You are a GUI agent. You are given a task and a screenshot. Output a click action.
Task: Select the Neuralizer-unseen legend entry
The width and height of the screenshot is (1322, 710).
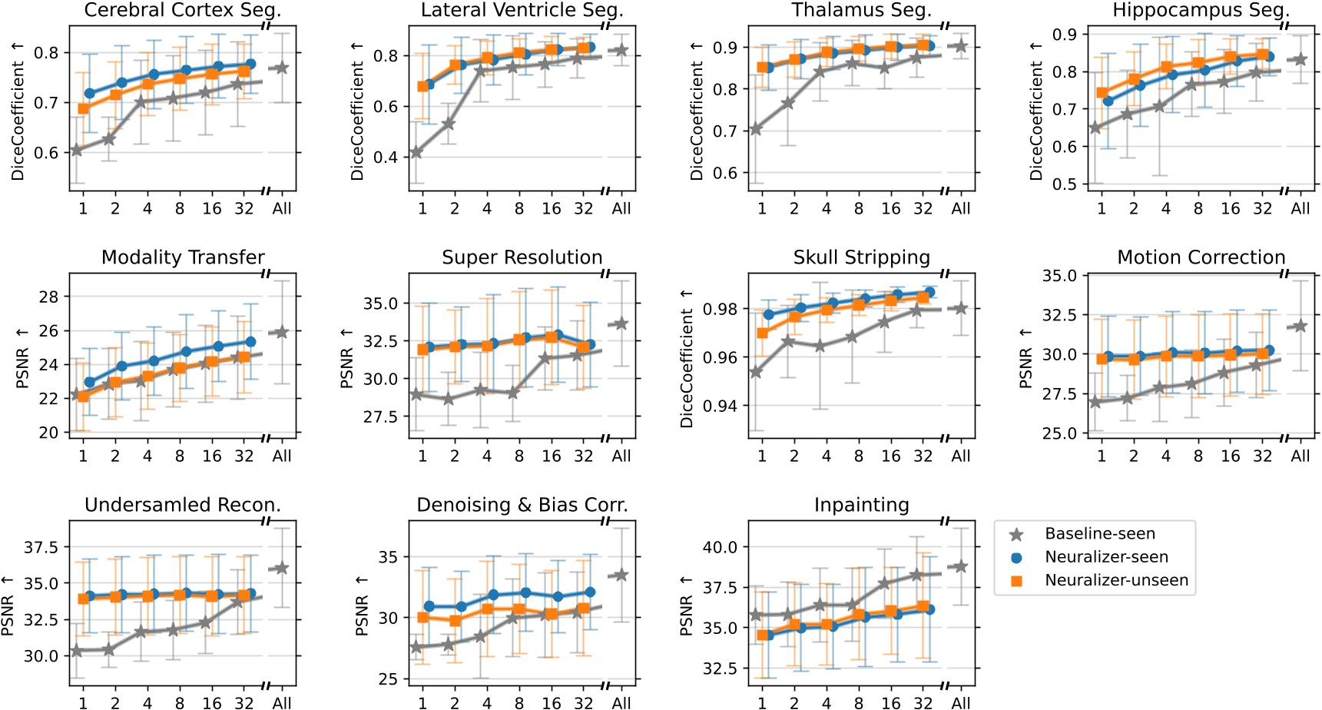1115,580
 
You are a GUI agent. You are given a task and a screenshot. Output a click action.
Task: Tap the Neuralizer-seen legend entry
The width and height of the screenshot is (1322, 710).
1105,557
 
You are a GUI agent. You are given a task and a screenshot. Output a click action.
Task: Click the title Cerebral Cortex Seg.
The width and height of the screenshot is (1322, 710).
183,10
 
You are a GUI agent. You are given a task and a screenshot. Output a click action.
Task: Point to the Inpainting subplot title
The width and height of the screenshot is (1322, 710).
861,505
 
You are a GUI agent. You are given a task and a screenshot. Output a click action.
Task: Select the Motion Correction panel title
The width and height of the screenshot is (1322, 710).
1201,257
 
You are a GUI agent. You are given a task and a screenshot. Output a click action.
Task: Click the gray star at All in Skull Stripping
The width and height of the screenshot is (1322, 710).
960,308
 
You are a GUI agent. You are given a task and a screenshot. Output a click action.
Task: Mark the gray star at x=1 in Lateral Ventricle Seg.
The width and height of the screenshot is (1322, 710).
416,152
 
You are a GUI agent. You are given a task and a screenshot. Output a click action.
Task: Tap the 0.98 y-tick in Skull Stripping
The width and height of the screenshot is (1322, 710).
721,309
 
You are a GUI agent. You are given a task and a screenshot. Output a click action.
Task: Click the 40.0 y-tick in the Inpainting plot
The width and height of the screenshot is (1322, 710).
720,547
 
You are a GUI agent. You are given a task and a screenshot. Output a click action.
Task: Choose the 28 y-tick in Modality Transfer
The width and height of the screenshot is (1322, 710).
48,297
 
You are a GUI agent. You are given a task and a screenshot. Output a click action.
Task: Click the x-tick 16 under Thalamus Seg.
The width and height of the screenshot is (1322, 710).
890,208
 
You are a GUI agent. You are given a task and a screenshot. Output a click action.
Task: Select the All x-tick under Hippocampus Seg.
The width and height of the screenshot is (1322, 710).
1300,208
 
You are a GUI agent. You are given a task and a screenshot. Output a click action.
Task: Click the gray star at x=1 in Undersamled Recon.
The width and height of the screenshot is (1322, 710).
76,651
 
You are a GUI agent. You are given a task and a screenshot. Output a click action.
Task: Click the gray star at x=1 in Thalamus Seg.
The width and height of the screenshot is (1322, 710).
756,129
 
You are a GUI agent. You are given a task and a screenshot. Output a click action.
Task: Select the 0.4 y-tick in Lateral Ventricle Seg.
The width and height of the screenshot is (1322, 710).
386,158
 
